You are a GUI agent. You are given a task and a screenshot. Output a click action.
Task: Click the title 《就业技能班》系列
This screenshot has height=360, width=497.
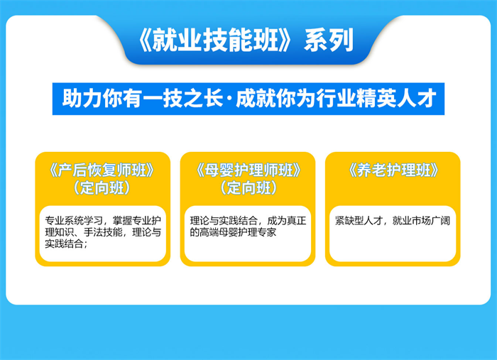(x=246, y=40)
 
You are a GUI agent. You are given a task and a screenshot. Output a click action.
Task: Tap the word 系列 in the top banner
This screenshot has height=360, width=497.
(x=329, y=40)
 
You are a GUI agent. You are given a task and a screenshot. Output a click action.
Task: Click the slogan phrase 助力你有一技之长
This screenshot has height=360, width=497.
(x=143, y=98)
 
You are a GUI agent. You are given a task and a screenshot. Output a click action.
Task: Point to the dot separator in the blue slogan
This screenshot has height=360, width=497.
(x=229, y=99)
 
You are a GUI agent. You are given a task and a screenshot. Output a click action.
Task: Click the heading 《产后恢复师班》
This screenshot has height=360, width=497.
(x=102, y=170)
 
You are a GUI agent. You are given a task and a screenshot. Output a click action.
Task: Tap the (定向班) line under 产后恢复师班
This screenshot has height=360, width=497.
(x=102, y=188)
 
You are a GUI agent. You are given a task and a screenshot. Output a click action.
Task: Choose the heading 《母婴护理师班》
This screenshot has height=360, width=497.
(x=248, y=170)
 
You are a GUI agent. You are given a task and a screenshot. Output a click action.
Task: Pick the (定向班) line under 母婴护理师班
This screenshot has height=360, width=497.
(x=248, y=188)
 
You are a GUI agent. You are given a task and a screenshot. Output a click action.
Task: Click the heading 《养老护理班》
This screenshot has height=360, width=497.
(x=393, y=170)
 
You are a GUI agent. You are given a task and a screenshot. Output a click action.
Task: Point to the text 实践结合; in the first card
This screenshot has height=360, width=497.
(x=66, y=244)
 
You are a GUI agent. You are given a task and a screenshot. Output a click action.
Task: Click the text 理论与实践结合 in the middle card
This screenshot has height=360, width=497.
(x=224, y=221)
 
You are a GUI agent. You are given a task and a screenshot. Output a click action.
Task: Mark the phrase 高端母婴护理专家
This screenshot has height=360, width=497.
(x=238, y=232)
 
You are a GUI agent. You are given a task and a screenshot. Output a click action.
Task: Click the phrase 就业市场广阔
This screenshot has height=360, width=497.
(x=421, y=221)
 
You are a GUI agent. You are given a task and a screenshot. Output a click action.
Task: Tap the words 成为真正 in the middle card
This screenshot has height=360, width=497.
(x=287, y=221)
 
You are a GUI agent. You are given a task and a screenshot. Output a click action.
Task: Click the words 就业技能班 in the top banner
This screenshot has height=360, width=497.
(x=215, y=40)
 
